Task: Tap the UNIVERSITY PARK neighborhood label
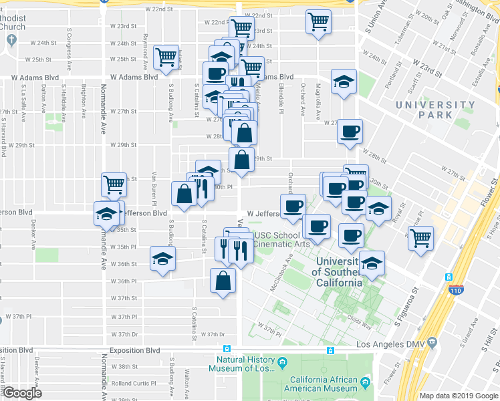coord(434,110)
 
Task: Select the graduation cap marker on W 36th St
coord(162,259)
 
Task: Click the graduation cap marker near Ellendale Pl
coord(344,82)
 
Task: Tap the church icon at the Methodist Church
coord(9,41)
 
